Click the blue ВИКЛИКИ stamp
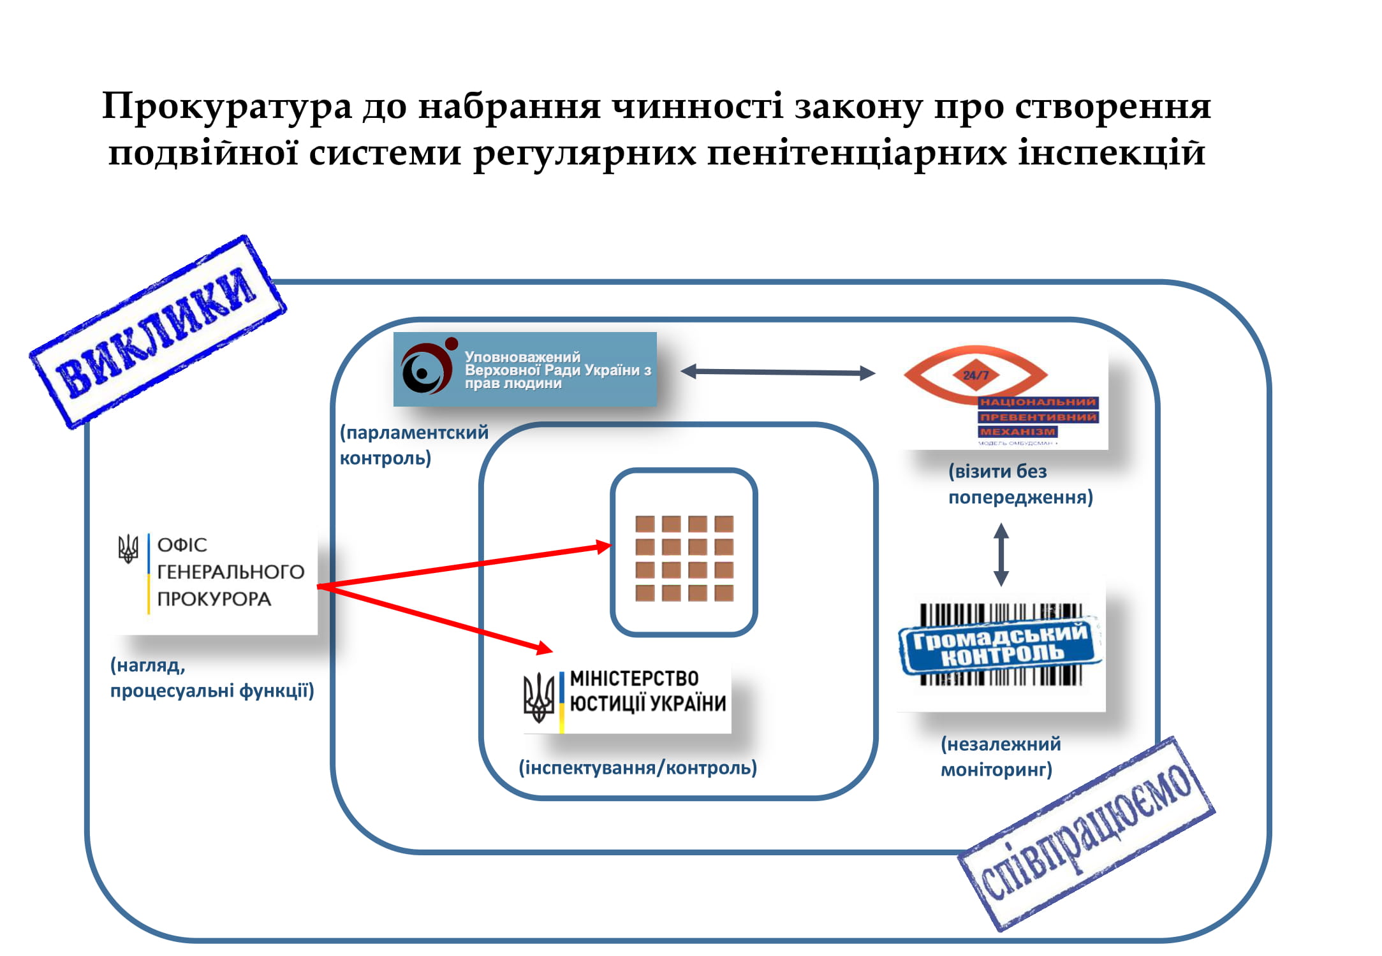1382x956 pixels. point(158,331)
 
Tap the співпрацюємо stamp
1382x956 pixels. point(1086,834)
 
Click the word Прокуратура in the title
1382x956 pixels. point(226,106)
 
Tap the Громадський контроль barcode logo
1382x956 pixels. point(1000,644)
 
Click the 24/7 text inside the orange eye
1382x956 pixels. point(975,375)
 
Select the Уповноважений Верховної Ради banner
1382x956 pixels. point(525,370)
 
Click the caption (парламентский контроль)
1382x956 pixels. point(413,445)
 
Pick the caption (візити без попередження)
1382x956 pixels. point(1020,484)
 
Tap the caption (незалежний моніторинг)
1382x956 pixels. point(1000,757)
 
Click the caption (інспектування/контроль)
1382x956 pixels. point(638,767)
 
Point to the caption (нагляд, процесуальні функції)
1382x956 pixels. point(212,678)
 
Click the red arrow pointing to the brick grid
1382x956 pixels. point(466,565)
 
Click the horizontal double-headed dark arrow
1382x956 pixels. point(778,372)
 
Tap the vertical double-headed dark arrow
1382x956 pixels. point(1001,554)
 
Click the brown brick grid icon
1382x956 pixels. point(684,558)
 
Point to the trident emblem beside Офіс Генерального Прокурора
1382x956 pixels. point(128,548)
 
